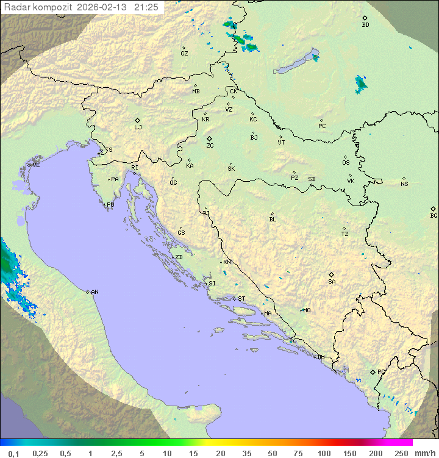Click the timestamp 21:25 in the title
146,7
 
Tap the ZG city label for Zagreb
210,146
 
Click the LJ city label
138,127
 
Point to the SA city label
332,282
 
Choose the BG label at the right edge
434,215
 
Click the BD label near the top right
365,25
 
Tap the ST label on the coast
241,299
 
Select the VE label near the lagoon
36,165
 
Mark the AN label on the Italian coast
95,292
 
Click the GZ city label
184,54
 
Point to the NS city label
404,184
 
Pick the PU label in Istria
110,205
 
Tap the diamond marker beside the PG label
373,371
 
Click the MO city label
307,310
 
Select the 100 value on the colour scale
324,453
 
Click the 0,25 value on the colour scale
40,453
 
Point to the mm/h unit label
424,453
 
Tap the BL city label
273,219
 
